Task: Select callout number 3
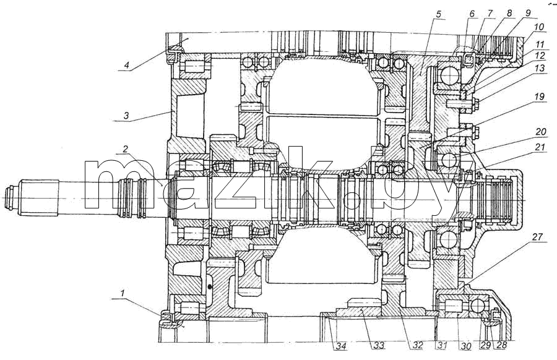click(x=126, y=116)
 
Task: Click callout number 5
click(x=438, y=14)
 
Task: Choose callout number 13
click(x=540, y=68)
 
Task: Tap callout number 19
click(x=539, y=96)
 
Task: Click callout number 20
click(x=540, y=132)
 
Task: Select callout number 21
click(x=540, y=147)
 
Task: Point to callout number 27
click(x=538, y=237)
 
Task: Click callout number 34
click(x=342, y=345)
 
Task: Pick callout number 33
click(x=379, y=345)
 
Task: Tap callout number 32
click(x=417, y=345)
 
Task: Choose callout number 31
click(x=441, y=345)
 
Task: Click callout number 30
click(x=466, y=345)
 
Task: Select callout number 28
click(x=501, y=345)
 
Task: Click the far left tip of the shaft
click(x=3, y=197)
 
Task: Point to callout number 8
click(x=509, y=14)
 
